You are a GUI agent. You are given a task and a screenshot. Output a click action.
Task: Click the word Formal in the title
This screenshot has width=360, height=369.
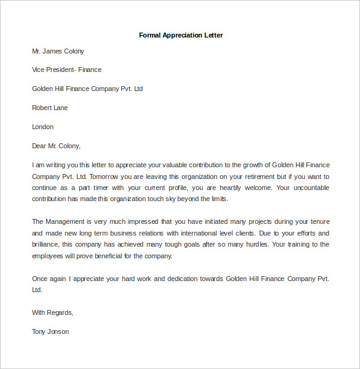150,35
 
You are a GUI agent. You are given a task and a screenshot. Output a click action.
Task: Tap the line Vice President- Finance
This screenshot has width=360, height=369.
66,70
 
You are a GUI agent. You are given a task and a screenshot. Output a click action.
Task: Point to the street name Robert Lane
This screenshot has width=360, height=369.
50,108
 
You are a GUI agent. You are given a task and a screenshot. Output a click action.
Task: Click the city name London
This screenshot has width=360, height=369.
43,127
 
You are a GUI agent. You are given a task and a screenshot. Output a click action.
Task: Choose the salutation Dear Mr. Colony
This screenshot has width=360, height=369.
56,146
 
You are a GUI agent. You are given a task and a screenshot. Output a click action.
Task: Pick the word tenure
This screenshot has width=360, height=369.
316,221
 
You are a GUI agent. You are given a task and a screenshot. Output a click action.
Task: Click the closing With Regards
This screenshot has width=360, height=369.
52,312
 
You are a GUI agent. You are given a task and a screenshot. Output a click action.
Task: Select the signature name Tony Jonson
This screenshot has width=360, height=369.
50,331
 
